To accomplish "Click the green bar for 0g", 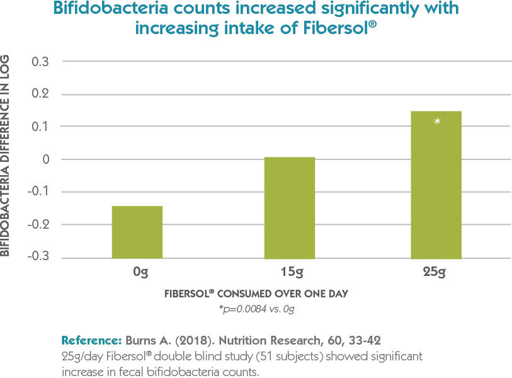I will pyautogui.click(x=137, y=232).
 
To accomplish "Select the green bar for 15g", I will pyautogui.click(x=289, y=207).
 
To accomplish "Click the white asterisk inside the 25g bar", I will pyautogui.click(x=437, y=121).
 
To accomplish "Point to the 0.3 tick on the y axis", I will pyautogui.click(x=40, y=62).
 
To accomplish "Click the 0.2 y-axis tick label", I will pyautogui.click(x=40, y=94).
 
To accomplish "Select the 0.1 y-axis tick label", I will pyautogui.click(x=40, y=127).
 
